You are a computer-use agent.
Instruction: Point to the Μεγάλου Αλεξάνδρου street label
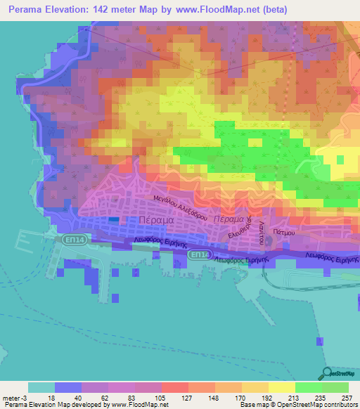pyautogui.click(x=181, y=209)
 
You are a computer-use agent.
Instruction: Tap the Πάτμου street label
pyautogui.click(x=283, y=230)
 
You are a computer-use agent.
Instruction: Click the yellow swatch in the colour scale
pyautogui.click(x=281, y=387)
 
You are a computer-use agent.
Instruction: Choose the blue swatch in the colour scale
pyautogui.click(x=68, y=387)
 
